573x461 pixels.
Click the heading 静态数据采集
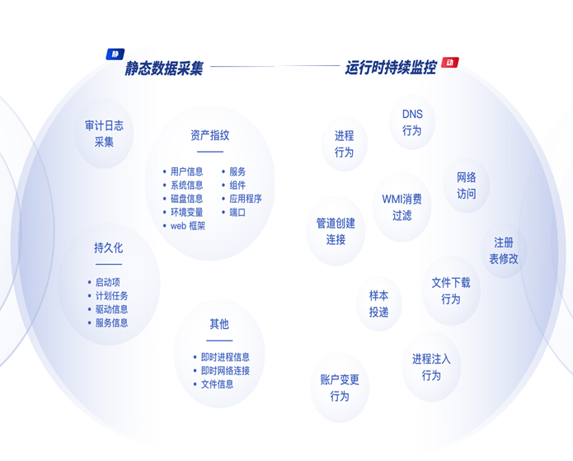(164, 68)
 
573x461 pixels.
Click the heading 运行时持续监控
(391, 68)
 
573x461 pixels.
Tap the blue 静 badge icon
(115, 54)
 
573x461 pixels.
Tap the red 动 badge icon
(449, 62)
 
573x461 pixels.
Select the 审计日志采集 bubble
(104, 134)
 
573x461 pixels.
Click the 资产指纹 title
(209, 135)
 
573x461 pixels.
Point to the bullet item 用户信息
(186, 172)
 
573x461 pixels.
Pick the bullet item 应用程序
(245, 199)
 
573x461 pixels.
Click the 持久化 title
(108, 247)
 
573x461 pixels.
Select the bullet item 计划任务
(111, 295)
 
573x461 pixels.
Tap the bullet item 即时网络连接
(225, 370)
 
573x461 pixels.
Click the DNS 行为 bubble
(412, 122)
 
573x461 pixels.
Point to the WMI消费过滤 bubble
(402, 207)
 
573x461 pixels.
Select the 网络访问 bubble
(467, 186)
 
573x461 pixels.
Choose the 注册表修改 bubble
(504, 251)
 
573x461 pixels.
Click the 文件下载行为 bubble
(451, 290)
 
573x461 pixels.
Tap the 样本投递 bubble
(378, 303)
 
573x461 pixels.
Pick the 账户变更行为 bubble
(340, 388)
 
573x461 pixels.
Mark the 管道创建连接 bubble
(336, 231)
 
